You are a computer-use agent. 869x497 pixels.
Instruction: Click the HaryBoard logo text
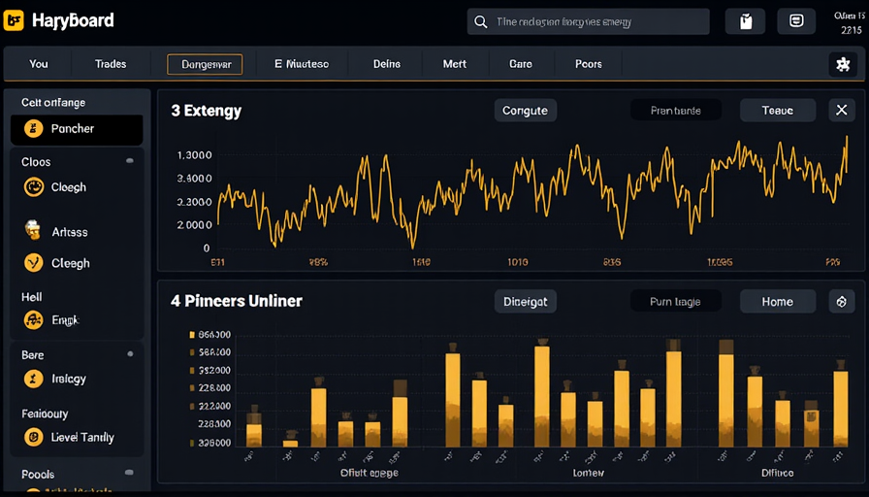coord(73,20)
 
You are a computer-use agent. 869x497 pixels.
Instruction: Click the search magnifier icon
coord(479,21)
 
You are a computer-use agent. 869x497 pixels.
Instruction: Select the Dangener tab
coord(205,64)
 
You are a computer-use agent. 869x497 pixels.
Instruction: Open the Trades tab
coord(111,64)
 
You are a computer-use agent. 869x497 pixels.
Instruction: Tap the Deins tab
coord(387,64)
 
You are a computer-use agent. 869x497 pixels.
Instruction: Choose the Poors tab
coord(589,64)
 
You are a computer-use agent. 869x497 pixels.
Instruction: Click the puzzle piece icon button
coord(842,64)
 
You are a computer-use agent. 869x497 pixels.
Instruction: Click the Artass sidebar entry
coord(69,232)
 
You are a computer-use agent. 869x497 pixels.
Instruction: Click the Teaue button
coord(777,111)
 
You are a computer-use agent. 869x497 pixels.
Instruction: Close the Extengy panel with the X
coord(842,111)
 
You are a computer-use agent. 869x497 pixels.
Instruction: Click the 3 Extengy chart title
coord(207,111)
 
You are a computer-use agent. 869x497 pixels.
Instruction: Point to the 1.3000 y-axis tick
coord(195,155)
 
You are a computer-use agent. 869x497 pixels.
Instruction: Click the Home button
coord(777,302)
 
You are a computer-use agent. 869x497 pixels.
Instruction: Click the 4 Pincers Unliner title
coord(237,301)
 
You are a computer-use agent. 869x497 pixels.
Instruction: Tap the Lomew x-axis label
coord(588,474)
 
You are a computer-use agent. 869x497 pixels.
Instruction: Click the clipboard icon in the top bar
coord(745,21)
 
